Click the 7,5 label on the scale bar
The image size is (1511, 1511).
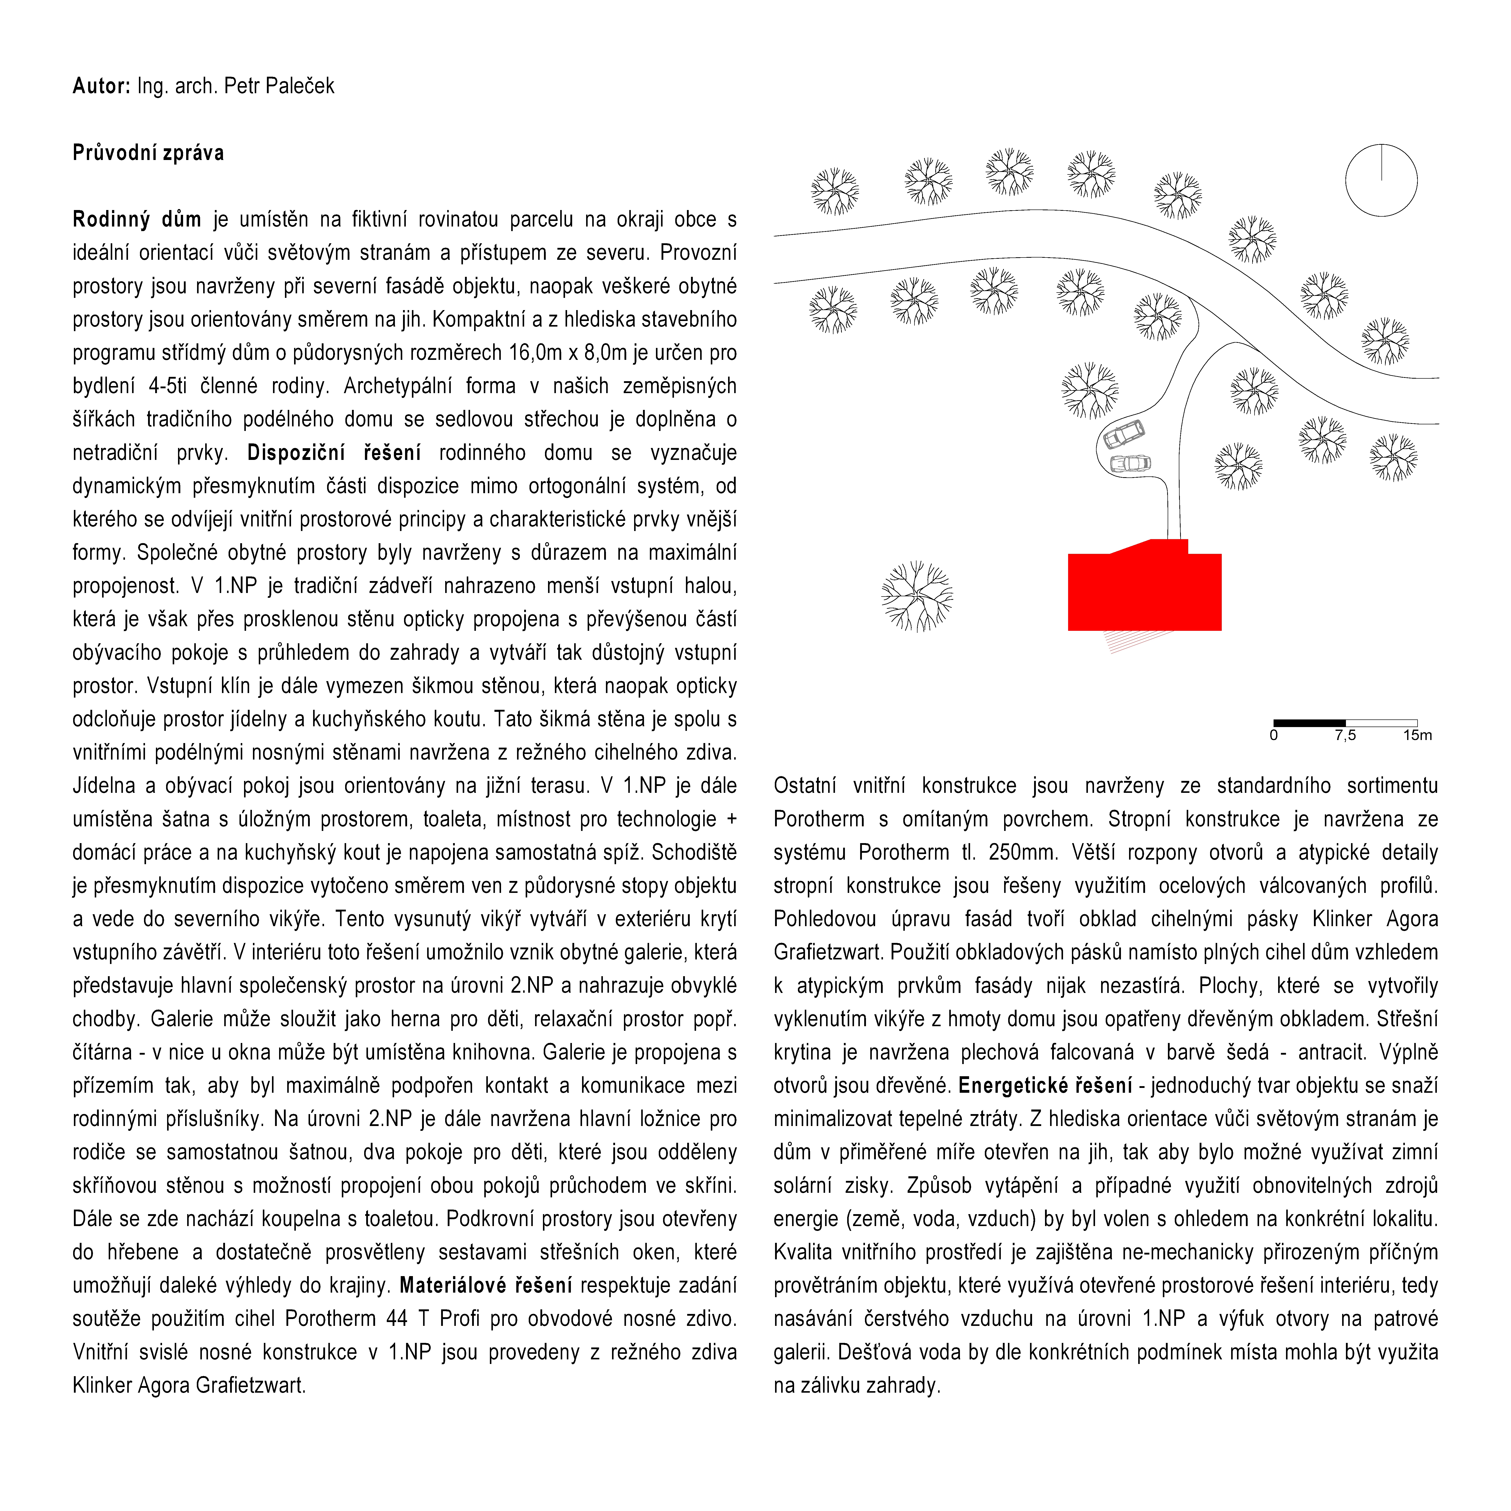pyautogui.click(x=1345, y=735)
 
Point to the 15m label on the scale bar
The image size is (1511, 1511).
pyautogui.click(x=1417, y=735)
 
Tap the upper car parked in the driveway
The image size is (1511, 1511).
pyautogui.click(x=1124, y=434)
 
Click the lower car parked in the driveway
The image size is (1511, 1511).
pyautogui.click(x=1130, y=464)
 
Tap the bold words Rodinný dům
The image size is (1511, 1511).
pyautogui.click(x=137, y=220)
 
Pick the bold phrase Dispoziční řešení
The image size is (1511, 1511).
pyautogui.click(x=334, y=453)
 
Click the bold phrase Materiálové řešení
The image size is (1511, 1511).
pyautogui.click(x=486, y=1286)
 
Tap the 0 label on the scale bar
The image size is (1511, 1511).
pyautogui.click(x=1274, y=735)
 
